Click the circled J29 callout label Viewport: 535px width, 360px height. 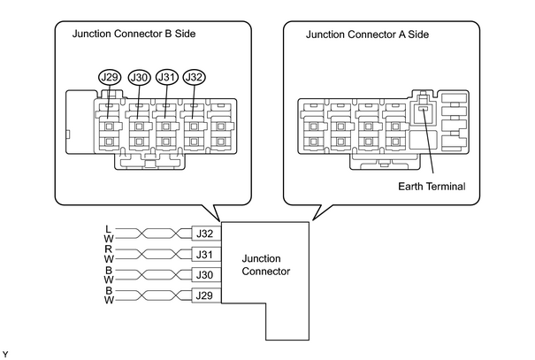coord(110,78)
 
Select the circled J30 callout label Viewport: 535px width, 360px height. coord(139,78)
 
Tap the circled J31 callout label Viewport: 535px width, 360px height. coord(167,77)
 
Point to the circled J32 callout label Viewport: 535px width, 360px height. coord(195,77)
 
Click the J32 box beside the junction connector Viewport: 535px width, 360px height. coord(206,234)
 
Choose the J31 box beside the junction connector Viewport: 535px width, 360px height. coord(206,254)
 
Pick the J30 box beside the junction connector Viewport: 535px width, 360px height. coord(206,275)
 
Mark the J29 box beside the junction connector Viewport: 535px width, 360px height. coord(206,295)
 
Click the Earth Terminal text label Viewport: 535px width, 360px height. coord(432,187)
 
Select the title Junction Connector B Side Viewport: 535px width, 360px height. coord(134,34)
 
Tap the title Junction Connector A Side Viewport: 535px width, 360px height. coord(367,34)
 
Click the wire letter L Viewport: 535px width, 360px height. coord(109,229)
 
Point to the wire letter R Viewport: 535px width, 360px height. coord(109,249)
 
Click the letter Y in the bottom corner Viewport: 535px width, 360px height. coord(5,355)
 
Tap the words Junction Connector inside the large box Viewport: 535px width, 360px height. coord(266,264)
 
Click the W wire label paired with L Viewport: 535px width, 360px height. coord(109,239)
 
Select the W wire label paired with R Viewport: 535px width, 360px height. coord(109,259)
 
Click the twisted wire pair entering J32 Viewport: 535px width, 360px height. coord(153,234)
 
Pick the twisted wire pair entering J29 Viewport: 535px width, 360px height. coord(153,295)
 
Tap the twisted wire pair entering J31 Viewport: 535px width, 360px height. coord(153,254)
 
